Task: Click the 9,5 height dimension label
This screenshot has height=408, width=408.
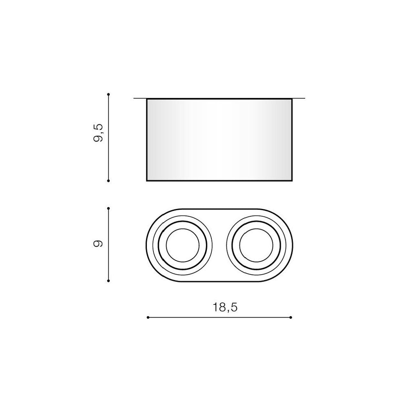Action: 98,133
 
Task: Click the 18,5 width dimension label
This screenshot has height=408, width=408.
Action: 225,308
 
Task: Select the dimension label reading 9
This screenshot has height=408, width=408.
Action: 98,244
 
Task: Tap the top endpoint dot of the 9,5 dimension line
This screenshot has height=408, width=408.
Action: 109,94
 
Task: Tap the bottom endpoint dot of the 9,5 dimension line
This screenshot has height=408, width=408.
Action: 109,181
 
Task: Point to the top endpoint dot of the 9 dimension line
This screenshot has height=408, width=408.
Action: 109,208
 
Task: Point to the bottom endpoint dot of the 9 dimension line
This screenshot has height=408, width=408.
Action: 109,281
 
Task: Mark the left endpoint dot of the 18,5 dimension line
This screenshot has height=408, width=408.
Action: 148,317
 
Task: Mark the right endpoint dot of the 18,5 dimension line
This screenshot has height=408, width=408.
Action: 290,317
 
